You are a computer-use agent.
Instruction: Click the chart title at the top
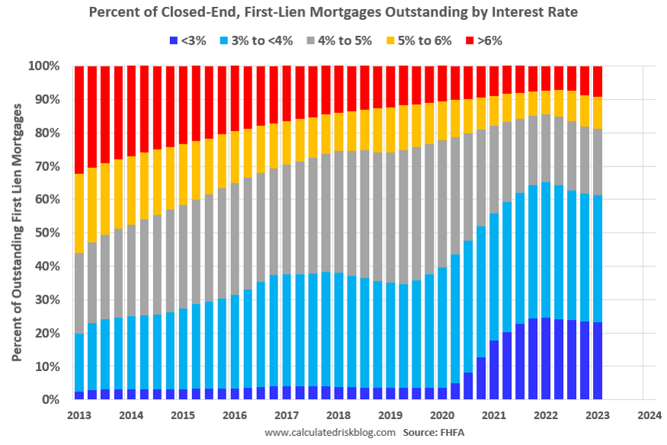point(333,13)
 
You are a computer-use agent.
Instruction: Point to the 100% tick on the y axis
point(43,66)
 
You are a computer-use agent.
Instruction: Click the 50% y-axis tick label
point(46,233)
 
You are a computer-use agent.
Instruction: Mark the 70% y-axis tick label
point(46,166)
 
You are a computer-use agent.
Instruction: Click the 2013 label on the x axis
point(79,416)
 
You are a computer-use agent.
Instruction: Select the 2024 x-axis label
point(649,416)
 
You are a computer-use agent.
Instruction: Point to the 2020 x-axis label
point(441,416)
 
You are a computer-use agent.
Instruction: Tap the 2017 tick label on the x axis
point(286,416)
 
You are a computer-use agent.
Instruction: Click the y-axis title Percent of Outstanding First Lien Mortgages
point(16,234)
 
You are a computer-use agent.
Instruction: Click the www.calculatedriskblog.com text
point(330,433)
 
